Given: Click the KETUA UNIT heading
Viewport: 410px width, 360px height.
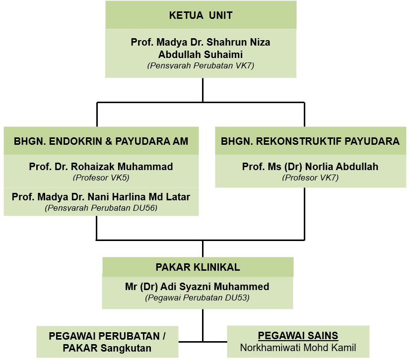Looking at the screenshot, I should [x=201, y=15].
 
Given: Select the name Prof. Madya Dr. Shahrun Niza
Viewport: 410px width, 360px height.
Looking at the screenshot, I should [x=201, y=43].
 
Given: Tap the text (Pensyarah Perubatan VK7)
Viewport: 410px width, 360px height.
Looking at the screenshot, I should [x=201, y=65].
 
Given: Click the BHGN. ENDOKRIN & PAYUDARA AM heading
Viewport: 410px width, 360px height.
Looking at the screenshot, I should [x=101, y=141].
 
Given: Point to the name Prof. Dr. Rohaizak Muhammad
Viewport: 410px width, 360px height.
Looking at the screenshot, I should [x=101, y=167].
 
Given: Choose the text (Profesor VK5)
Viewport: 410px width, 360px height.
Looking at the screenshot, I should [x=101, y=177].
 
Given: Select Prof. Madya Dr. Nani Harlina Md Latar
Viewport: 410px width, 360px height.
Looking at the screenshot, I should [x=101, y=197].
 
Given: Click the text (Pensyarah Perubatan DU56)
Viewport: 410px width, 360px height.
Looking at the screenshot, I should [x=101, y=208].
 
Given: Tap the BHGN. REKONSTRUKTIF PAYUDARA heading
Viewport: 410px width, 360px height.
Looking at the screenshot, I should [x=310, y=141].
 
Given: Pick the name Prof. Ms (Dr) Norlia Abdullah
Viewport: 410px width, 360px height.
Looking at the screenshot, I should [x=310, y=167].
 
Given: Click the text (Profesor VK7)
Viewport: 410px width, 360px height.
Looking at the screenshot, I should [x=310, y=177].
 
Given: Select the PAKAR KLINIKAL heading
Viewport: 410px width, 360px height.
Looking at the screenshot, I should [x=198, y=267].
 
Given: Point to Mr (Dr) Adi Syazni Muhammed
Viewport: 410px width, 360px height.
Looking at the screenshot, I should [x=198, y=287].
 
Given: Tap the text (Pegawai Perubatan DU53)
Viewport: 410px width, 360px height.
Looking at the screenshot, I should [x=198, y=298].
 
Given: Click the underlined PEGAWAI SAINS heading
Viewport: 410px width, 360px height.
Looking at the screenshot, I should [x=298, y=336].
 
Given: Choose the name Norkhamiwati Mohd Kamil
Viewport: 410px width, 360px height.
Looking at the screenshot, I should [x=298, y=348].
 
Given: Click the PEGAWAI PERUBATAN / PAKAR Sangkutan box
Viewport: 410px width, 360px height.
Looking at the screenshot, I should [x=107, y=342].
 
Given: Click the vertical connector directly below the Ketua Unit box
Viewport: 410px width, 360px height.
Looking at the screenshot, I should [x=203, y=90].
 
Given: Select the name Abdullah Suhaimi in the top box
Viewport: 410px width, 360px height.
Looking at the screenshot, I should [x=201, y=55].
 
